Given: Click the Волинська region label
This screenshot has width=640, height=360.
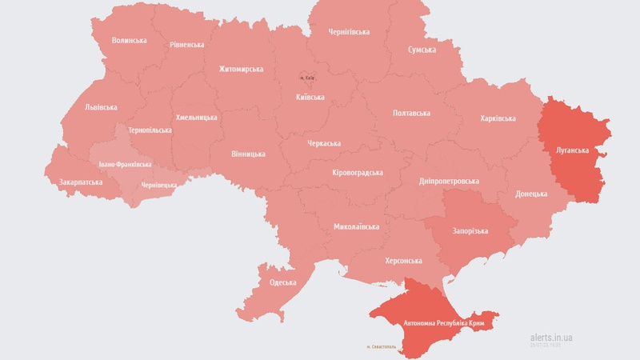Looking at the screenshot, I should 130,40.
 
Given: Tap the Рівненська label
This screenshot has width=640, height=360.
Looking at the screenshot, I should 186,45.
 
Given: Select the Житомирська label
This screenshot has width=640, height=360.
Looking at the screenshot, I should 241,70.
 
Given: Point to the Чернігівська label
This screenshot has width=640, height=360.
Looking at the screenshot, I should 349,32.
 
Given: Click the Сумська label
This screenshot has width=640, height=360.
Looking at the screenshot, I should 422,50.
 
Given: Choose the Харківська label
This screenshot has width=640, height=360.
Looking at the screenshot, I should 498,118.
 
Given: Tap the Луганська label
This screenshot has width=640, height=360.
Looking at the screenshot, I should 572,150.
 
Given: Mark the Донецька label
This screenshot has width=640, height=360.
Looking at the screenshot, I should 531,194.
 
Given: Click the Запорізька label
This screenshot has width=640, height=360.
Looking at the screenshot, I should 470,231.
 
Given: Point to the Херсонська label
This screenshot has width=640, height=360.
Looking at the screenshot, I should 403,261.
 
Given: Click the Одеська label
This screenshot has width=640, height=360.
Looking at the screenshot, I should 283,282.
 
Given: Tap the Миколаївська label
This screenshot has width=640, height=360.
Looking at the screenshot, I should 356,227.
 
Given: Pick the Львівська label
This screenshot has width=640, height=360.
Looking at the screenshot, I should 101,107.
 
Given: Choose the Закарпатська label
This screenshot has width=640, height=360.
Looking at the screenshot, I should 81,182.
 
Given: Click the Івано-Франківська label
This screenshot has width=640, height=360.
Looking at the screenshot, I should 125,164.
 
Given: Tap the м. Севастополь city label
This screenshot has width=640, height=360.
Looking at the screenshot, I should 383,346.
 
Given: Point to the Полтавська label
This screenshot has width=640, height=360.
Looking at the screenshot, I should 411,113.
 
